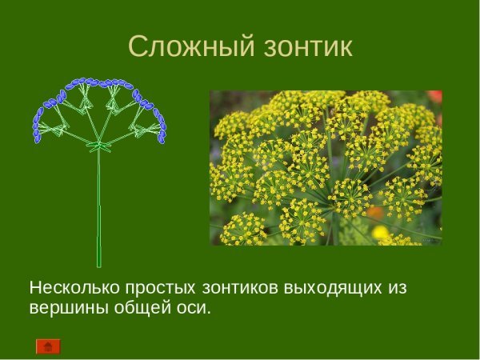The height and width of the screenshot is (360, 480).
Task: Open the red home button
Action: pyautogui.click(x=48, y=346)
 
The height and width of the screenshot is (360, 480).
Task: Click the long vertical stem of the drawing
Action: pyautogui.click(x=99, y=208)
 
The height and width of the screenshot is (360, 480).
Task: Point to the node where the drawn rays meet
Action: pyautogui.click(x=99, y=146)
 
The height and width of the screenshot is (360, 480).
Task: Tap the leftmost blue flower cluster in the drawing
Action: pyautogui.click(x=37, y=128)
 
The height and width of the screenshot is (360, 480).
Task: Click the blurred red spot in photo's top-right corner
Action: pyautogui.click(x=434, y=97)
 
